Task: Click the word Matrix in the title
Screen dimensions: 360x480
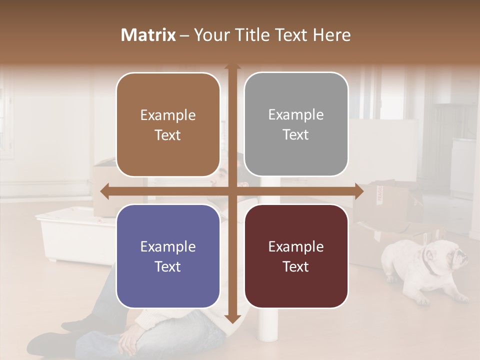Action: point(148,35)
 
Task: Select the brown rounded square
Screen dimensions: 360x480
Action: point(168,125)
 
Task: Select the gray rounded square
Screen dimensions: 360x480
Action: point(296,124)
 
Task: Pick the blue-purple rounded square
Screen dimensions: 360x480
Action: point(168,256)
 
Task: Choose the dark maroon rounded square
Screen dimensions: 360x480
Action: point(296,256)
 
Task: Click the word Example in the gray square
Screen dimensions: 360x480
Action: point(296,115)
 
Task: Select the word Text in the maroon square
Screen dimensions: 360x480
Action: point(296,267)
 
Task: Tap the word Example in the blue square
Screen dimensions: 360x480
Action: point(168,246)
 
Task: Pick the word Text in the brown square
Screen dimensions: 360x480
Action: point(168,135)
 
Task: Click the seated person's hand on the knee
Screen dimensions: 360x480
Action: point(131,340)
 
